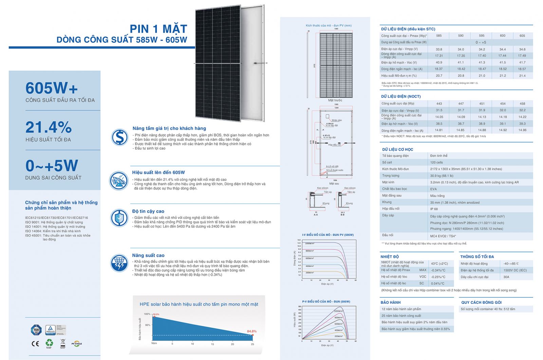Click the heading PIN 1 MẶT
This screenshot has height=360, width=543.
coord(158,29)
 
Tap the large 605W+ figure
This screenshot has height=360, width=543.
coord(52,88)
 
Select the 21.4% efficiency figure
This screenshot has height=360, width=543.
coord(49,128)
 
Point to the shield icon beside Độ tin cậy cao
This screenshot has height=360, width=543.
coord(119,218)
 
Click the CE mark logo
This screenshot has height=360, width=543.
coord(35,344)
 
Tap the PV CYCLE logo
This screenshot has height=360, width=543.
coord(77,344)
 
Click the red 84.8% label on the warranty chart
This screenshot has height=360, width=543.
coord(251,331)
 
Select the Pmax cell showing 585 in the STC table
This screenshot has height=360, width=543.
coord(439,36)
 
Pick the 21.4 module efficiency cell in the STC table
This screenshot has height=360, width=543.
coord(522,76)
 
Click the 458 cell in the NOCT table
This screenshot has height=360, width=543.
coord(522,103)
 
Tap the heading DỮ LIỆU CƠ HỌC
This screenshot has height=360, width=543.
coord(397,149)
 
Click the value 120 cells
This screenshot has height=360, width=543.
coord(436,163)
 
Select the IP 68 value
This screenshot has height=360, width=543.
coord(434,209)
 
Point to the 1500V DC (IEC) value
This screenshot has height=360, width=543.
coord(515,270)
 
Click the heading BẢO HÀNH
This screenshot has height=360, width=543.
coord(390,302)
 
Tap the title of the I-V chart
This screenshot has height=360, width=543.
coord(327,235)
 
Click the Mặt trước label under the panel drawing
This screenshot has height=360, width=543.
coord(335,100)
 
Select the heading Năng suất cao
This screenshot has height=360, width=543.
coord(148,255)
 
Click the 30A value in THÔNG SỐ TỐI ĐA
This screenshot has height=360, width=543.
coord(506,277)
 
